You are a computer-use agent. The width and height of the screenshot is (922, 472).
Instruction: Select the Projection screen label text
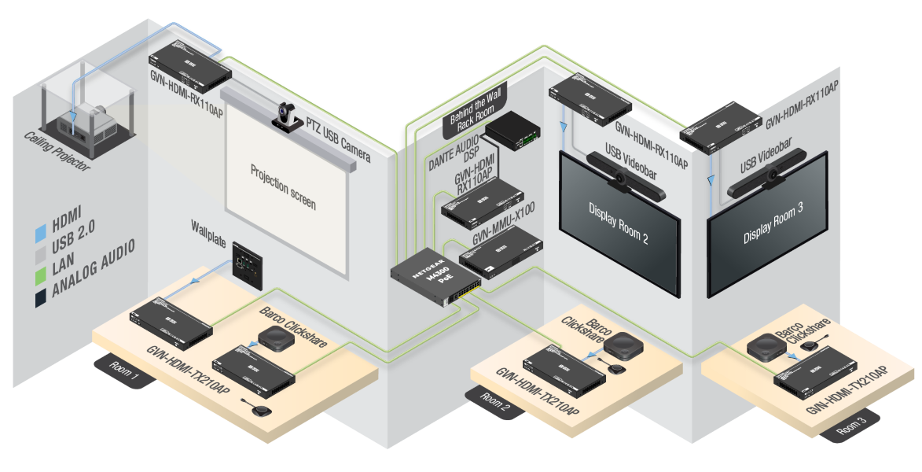(283, 186)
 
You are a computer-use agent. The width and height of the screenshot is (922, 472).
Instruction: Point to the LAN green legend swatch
(42, 275)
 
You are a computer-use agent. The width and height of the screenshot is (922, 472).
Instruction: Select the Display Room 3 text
(773, 227)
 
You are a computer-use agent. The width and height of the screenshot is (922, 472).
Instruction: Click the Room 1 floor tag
(122, 367)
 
